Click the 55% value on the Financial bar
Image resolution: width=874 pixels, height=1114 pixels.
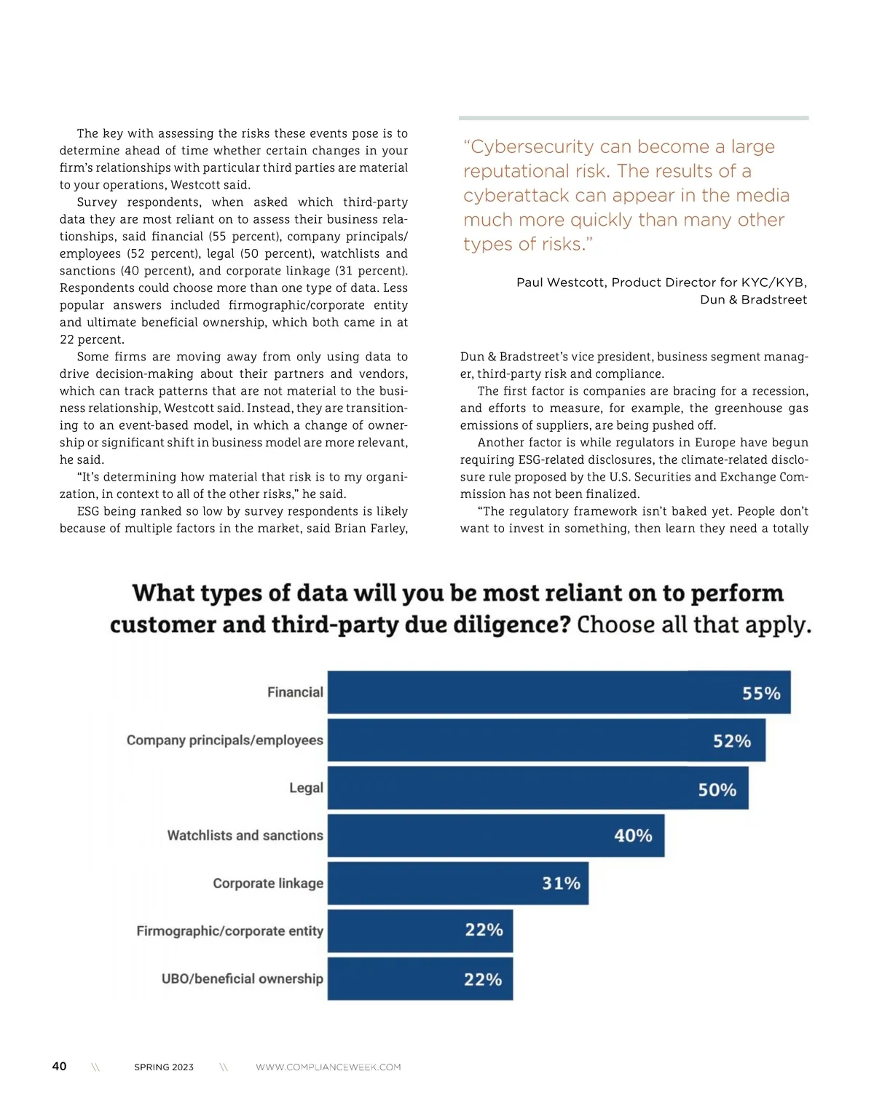click(x=761, y=693)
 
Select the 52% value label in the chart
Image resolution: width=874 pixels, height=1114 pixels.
click(x=732, y=741)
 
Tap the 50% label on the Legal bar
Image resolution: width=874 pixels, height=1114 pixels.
click(x=717, y=790)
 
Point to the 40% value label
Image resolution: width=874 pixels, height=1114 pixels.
click(x=633, y=836)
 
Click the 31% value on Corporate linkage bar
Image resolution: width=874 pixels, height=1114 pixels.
click(x=561, y=883)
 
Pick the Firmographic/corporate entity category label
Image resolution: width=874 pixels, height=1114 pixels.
click(x=229, y=931)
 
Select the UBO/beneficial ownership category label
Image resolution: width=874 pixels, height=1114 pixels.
click(x=242, y=979)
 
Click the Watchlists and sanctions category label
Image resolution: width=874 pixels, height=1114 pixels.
click(x=245, y=835)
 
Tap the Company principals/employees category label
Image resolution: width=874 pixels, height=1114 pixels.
click(x=224, y=740)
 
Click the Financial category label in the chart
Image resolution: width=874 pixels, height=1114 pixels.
click(x=295, y=692)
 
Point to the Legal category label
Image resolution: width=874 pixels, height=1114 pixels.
click(x=306, y=788)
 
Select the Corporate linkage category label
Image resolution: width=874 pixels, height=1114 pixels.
click(x=268, y=883)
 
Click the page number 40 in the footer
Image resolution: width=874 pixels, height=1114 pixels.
click(x=59, y=1066)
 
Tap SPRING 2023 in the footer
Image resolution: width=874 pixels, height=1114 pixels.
click(x=164, y=1067)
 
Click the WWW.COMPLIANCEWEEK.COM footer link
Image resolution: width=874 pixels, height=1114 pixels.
click(x=328, y=1067)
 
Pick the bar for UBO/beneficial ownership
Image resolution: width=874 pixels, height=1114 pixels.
click(x=420, y=979)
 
